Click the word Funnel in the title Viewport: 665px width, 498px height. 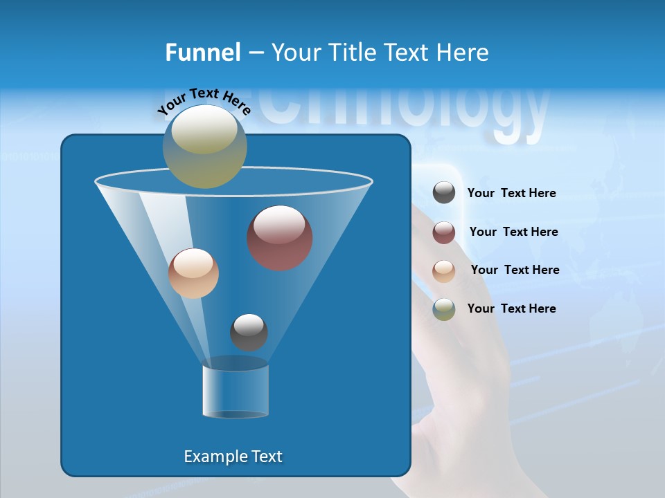tap(203, 53)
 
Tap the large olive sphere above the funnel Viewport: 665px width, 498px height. tap(204, 147)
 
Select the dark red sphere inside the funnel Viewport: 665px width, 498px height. tap(279, 238)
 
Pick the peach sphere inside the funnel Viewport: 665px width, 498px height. tap(193, 273)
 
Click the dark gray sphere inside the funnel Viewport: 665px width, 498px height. tap(249, 333)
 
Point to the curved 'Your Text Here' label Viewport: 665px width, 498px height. tap(204, 101)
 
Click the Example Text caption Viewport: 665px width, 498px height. tap(233, 456)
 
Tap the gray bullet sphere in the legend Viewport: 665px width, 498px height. tap(444, 193)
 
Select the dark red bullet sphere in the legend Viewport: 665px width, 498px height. tap(444, 232)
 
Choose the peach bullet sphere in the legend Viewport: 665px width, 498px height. tap(444, 271)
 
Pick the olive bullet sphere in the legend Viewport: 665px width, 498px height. tap(444, 309)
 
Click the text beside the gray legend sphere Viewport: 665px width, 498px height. tap(511, 194)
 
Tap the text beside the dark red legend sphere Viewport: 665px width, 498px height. tap(513, 232)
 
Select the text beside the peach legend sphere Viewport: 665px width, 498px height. tap(515, 270)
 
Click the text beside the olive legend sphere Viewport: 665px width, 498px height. tap(511, 309)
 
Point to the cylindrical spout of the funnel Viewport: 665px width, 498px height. tap(236, 391)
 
